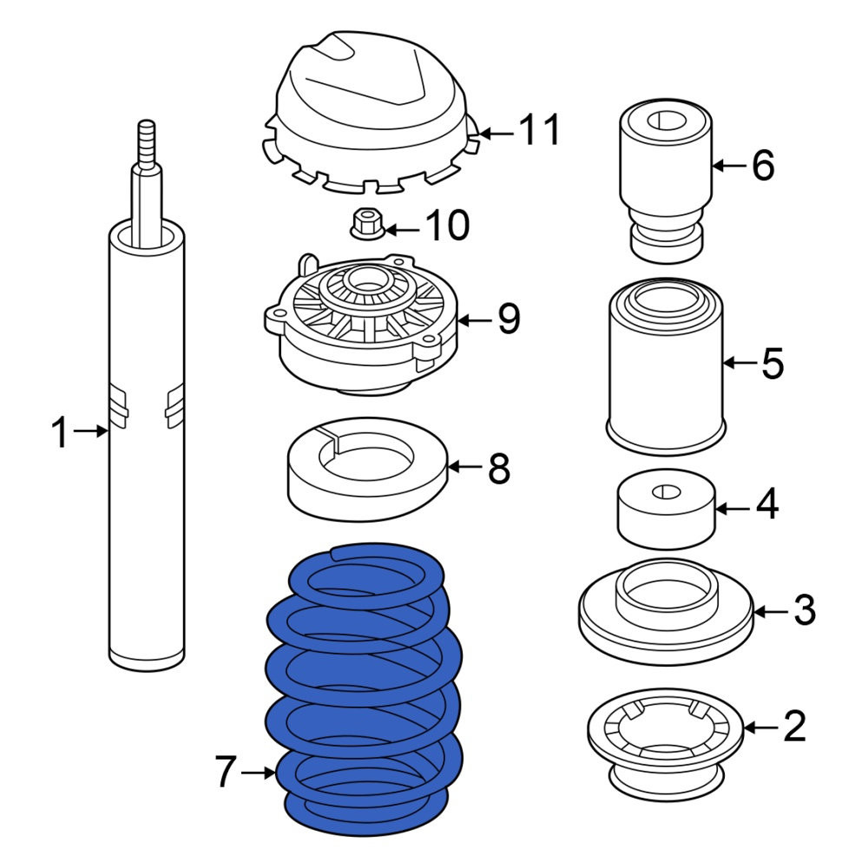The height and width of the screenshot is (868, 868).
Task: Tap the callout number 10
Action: (447, 226)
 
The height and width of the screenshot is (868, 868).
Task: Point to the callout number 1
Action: (60, 432)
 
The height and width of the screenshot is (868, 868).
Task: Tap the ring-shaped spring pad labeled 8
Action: (367, 469)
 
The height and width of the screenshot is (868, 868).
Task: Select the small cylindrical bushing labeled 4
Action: (667, 509)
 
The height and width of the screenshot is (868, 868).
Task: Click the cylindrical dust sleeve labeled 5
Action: (666, 366)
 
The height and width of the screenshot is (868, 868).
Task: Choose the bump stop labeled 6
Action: (666, 181)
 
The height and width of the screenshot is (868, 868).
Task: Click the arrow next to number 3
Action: (770, 612)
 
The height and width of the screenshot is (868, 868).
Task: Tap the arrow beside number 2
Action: (760, 727)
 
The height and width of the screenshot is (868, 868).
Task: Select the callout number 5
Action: (773, 364)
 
